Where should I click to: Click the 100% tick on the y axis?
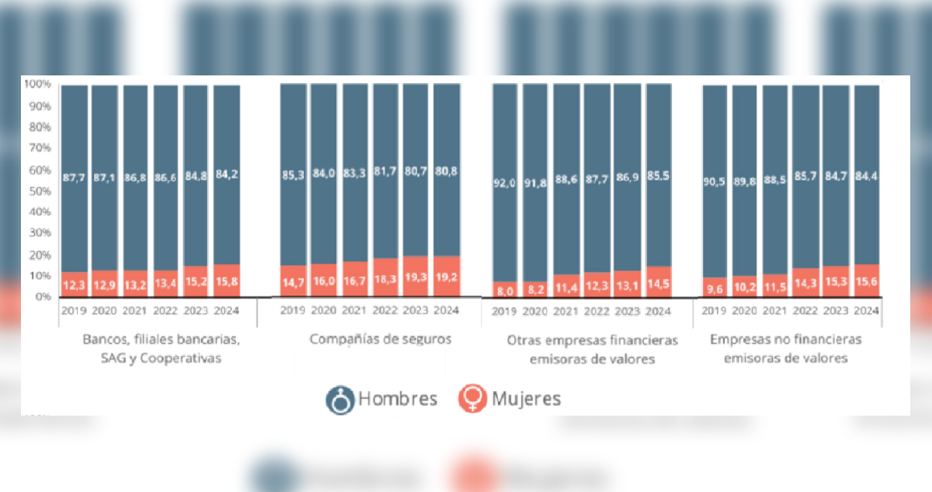(x=37, y=83)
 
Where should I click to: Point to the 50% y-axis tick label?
(x=40, y=190)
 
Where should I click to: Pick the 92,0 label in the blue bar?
(x=505, y=184)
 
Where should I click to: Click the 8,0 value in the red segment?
(x=505, y=291)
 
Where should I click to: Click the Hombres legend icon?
(x=340, y=400)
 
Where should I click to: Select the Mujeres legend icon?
(x=472, y=400)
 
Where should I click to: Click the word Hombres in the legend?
(x=398, y=400)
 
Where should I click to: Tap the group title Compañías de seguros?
(x=380, y=339)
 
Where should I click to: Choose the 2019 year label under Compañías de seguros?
(x=294, y=310)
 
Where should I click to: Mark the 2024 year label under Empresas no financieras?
(x=867, y=310)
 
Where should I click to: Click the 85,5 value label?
(x=658, y=176)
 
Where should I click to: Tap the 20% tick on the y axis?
(x=40, y=254)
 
